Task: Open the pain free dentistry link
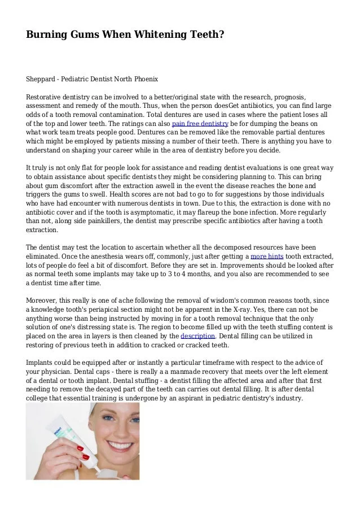[200, 123]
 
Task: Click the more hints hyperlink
[267, 256]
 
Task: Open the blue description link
[197, 335]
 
